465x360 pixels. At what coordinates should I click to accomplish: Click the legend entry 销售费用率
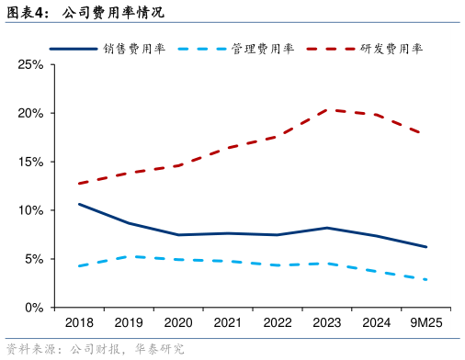(134, 49)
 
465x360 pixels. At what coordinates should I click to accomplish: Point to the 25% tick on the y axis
(30, 65)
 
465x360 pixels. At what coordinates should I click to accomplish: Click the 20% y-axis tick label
(30, 113)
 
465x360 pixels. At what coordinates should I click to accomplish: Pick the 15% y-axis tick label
(30, 162)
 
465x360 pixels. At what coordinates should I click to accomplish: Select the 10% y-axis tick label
(30, 210)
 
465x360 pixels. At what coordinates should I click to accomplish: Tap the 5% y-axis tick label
(34, 259)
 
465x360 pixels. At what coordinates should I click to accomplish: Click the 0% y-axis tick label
(34, 308)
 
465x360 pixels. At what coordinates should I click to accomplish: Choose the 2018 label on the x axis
(79, 323)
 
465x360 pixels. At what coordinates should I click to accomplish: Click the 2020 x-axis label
(178, 323)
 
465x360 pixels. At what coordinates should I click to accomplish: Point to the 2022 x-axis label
(278, 323)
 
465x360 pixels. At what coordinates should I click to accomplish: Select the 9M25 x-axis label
(426, 323)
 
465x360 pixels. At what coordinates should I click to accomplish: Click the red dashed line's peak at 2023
(327, 110)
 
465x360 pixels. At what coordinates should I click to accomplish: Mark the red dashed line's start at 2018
(79, 184)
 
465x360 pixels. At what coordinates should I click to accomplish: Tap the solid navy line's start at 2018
(79, 204)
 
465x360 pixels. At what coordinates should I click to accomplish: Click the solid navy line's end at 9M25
(426, 247)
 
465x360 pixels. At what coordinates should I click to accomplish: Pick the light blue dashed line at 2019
(129, 256)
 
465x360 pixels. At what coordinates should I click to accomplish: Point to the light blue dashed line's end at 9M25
(426, 279)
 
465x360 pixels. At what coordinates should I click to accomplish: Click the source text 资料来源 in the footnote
(28, 349)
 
